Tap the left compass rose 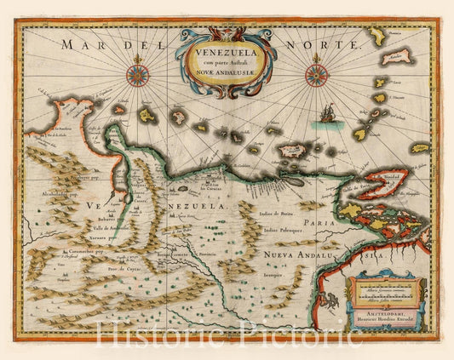[x=137, y=75]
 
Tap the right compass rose [x=317, y=75]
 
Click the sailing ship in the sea [x=326, y=113]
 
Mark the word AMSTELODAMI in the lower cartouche [x=382, y=311]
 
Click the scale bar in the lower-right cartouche [x=381, y=288]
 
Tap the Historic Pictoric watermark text [x=227, y=334]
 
